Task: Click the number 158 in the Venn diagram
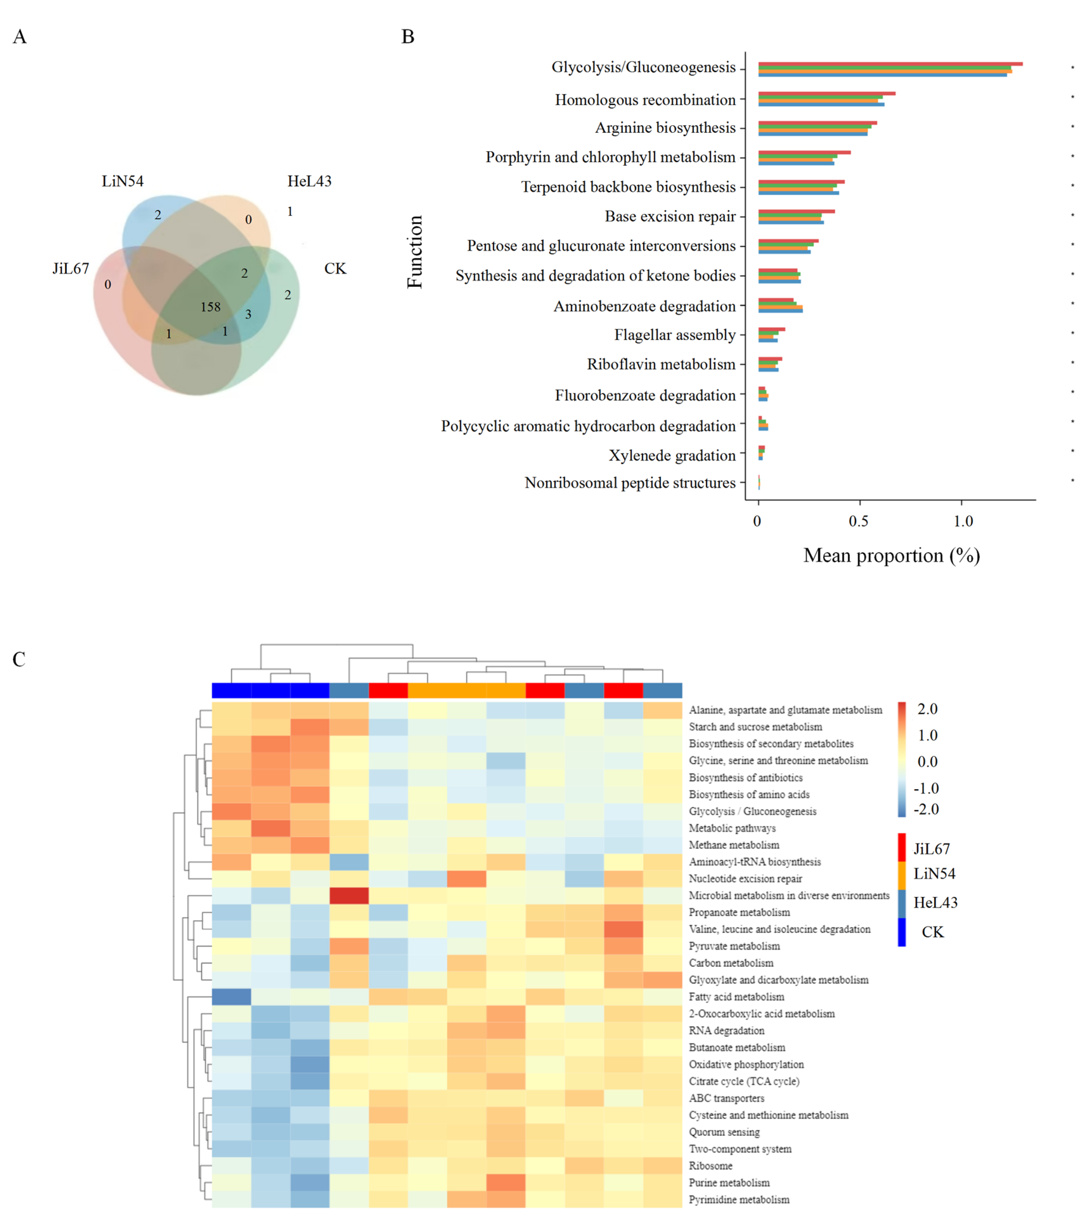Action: (x=210, y=307)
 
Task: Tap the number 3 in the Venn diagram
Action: (x=248, y=314)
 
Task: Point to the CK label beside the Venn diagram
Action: (x=335, y=269)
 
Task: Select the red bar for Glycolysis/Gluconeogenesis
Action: (x=890, y=64)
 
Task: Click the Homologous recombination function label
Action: (x=645, y=100)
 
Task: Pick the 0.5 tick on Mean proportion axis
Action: (x=859, y=521)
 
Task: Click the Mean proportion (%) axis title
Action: (x=891, y=556)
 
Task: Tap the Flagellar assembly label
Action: (x=675, y=335)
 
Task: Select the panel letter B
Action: (x=408, y=37)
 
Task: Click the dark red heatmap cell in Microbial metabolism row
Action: (x=349, y=895)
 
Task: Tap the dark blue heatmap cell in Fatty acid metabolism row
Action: (x=232, y=996)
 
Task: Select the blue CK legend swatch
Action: (x=901, y=932)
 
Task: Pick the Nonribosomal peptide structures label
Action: (x=630, y=483)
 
